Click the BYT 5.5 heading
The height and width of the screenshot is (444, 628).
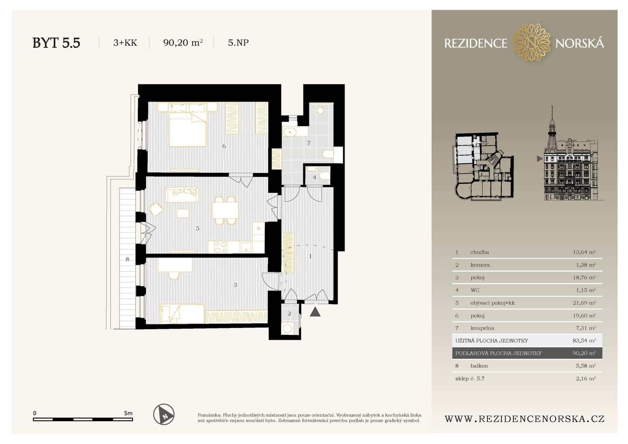click(x=56, y=43)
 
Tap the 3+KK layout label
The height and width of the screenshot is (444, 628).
click(x=125, y=43)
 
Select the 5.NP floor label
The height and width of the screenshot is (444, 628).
click(x=238, y=43)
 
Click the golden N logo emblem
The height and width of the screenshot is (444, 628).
click(x=531, y=43)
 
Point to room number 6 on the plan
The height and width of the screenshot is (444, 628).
click(x=224, y=146)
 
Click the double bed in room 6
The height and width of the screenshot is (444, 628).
click(x=187, y=129)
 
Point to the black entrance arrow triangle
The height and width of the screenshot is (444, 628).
click(x=315, y=312)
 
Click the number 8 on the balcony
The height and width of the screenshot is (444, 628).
click(x=127, y=259)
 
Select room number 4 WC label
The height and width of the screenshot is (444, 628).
click(x=314, y=178)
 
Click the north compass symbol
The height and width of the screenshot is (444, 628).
click(x=164, y=414)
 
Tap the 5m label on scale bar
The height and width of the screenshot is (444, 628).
click(x=128, y=413)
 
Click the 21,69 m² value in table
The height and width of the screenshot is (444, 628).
click(x=584, y=303)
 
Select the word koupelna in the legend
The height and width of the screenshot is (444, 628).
click(x=482, y=328)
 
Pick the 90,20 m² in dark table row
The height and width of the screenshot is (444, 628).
click(x=584, y=353)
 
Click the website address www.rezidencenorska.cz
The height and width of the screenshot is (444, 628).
click(x=524, y=419)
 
